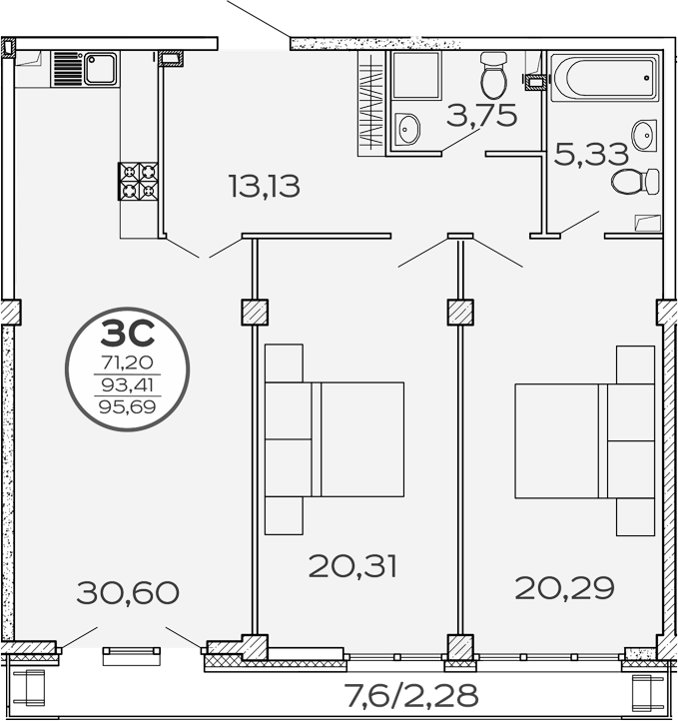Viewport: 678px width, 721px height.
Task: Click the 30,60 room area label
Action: pyautogui.click(x=127, y=593)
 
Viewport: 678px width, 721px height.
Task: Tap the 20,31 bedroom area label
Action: pyautogui.click(x=353, y=567)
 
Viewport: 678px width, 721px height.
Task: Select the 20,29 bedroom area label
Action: pyautogui.click(x=564, y=587)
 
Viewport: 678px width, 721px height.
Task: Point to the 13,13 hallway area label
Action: pyautogui.click(x=264, y=186)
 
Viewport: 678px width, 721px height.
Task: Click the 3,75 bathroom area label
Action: pyautogui.click(x=481, y=116)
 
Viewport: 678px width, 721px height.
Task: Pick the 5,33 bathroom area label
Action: pyautogui.click(x=592, y=154)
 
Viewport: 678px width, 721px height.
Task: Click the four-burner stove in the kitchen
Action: pyautogui.click(x=139, y=181)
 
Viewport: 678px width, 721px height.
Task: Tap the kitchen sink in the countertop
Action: pyautogui.click(x=100, y=69)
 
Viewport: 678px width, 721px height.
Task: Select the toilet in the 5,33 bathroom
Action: pyautogui.click(x=636, y=182)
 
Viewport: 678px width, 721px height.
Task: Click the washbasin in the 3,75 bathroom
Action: pyautogui.click(x=408, y=127)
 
